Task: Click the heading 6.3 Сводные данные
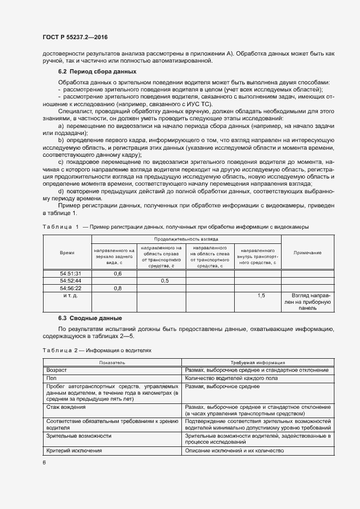click(90, 317)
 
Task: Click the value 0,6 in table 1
click(117, 273)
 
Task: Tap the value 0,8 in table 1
click(117, 288)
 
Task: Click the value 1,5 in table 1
click(260, 295)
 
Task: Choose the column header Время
click(67, 253)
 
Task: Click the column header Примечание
click(307, 253)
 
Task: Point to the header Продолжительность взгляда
click(186, 239)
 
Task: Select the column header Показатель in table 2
click(112, 362)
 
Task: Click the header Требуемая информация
click(257, 362)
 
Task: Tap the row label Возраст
click(57, 370)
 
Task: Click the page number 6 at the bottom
click(45, 463)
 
